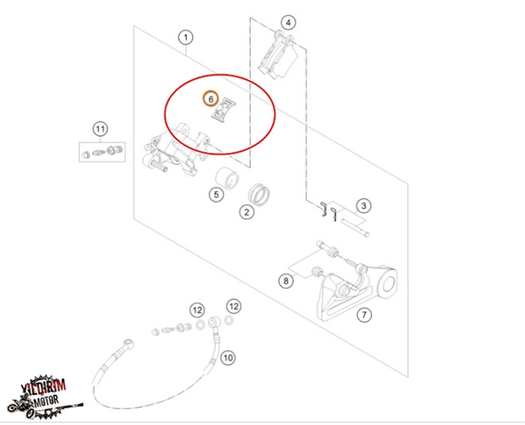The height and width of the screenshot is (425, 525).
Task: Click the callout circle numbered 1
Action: (186, 38)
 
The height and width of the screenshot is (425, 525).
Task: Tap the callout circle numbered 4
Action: (288, 22)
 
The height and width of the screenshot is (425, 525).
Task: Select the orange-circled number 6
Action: (210, 98)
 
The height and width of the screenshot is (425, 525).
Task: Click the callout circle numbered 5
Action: (216, 195)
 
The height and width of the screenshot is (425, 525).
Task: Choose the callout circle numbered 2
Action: (246, 211)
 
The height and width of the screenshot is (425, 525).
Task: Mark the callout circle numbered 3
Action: (363, 206)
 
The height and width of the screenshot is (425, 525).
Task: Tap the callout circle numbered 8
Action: (286, 281)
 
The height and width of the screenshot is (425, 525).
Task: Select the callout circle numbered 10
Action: (228, 358)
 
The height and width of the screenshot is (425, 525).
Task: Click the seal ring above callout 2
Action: (260, 194)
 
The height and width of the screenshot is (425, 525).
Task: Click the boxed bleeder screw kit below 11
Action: (102, 152)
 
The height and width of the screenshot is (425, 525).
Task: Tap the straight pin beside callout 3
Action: (355, 227)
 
